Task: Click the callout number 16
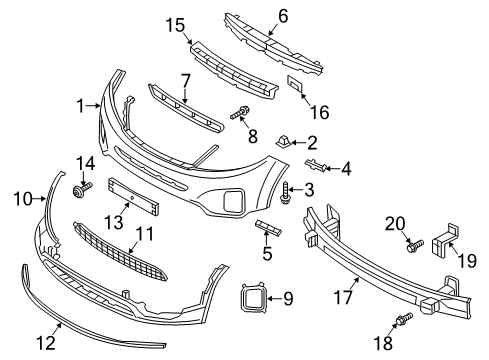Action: (320, 112)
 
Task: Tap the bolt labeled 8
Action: (240, 113)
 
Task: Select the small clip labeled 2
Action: (283, 142)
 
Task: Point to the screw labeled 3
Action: (286, 193)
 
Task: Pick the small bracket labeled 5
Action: (269, 228)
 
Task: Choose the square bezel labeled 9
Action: (253, 298)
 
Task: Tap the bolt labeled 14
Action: (82, 189)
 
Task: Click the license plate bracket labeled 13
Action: (133, 197)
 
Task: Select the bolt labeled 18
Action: (404, 318)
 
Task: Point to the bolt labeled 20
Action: (415, 246)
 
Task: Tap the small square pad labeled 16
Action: (295, 84)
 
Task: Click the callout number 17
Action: (343, 297)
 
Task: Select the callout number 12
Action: (46, 342)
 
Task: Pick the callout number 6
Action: (283, 16)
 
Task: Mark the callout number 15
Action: (175, 25)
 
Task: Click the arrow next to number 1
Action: (93, 106)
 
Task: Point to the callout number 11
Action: (145, 234)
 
